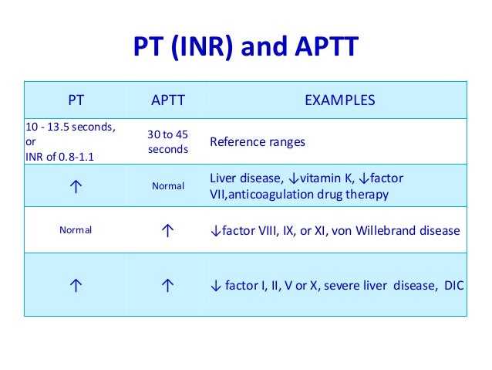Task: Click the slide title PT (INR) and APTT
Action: click(246, 47)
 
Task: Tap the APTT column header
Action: click(167, 100)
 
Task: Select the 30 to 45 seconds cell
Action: click(167, 141)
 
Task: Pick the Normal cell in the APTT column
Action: click(167, 186)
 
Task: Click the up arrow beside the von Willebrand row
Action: click(167, 231)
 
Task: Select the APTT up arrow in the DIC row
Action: click(167, 286)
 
